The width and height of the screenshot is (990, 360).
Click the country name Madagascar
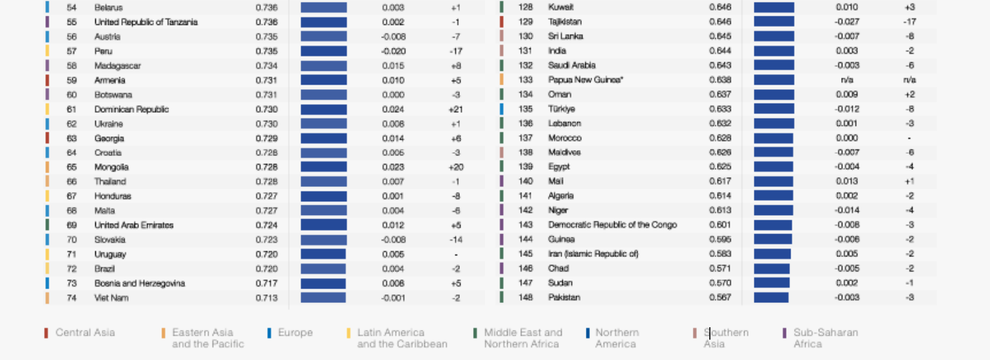coord(117,66)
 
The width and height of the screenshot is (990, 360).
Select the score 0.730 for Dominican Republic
coord(266,110)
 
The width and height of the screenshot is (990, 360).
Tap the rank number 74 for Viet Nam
coord(72,298)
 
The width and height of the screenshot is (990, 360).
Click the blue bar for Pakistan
coord(771,298)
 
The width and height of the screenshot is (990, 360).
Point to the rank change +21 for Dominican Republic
coord(455,110)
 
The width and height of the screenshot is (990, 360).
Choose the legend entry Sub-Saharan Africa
coord(825,338)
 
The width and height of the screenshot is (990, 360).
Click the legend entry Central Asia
coord(85,332)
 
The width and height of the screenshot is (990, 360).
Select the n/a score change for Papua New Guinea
coord(846,80)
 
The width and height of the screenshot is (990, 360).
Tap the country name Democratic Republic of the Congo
coord(612,225)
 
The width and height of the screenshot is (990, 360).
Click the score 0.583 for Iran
coord(720,254)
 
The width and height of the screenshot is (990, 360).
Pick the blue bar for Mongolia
coord(323,167)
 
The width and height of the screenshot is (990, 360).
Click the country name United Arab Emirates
coord(134,225)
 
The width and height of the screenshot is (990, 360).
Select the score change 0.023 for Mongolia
coord(394,167)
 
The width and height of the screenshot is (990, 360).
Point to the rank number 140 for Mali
coord(526,181)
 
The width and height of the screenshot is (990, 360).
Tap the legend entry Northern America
coord(617,338)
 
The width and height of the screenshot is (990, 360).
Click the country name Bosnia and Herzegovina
coord(139,283)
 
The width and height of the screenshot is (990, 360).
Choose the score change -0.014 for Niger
coord(846,210)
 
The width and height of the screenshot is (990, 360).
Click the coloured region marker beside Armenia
coord(47,80)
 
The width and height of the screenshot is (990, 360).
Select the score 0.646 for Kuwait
coord(720,7)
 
